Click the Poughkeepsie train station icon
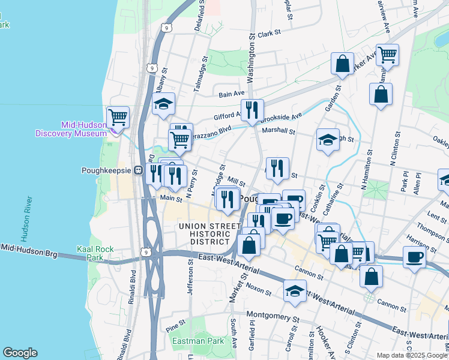[137, 170]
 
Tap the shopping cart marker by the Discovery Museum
[118, 116]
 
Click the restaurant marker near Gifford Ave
[252, 109]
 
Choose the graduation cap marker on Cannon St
[295, 290]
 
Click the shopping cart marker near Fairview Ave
[388, 55]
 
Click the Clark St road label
[270, 34]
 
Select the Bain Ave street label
[232, 94]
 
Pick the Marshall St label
[279, 131]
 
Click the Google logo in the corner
[20, 353]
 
